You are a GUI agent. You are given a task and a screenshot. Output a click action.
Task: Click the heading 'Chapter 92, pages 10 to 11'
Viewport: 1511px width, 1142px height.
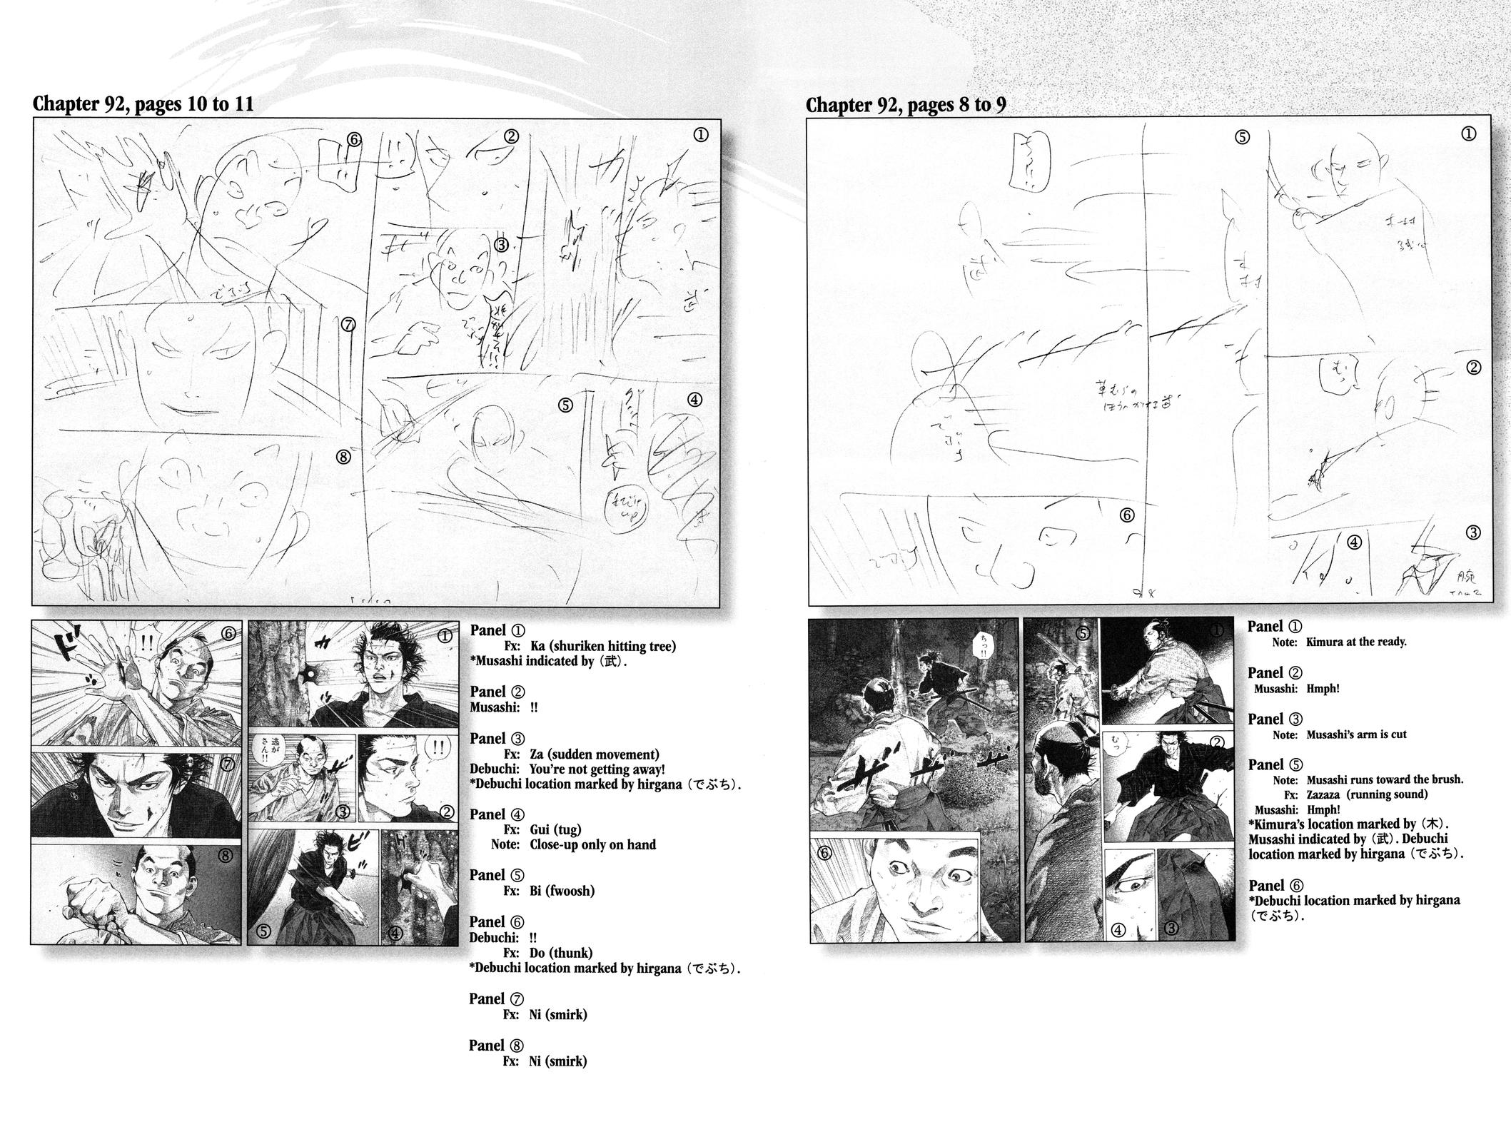coord(143,104)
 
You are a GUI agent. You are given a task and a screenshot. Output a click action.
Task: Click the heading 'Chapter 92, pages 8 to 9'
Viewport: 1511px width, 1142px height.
coord(906,105)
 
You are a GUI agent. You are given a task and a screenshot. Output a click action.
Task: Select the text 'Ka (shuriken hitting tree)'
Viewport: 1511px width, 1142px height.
coord(602,647)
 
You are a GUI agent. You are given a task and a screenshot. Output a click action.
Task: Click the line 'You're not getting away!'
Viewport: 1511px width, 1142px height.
coord(597,769)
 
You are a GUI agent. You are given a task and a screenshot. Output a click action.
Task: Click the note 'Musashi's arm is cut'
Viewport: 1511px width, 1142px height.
coord(1356,734)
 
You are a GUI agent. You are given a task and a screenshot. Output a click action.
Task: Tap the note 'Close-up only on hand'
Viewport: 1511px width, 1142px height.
coord(592,845)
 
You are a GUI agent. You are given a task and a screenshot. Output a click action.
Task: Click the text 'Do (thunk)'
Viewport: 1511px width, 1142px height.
coord(561,953)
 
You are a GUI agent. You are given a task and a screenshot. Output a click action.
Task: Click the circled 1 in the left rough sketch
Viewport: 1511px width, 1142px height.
coord(701,135)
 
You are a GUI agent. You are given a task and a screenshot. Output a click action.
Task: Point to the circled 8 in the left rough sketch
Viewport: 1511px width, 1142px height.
coord(343,457)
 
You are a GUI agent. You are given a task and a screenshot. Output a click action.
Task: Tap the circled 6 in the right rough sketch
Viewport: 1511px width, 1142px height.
coord(1127,515)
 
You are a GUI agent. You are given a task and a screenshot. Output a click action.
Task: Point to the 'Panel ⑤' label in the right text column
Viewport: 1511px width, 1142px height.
coord(1275,764)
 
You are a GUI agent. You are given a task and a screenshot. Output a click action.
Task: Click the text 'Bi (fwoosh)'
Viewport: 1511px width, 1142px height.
coord(562,891)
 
